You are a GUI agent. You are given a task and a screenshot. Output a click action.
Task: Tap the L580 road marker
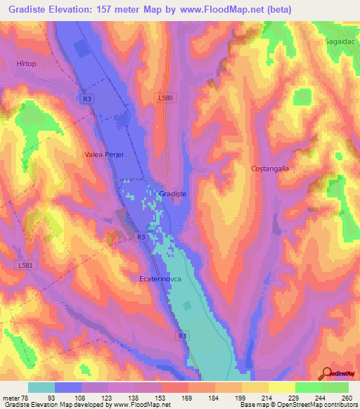coord(167,98)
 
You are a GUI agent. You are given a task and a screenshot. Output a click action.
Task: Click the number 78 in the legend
coord(22,398)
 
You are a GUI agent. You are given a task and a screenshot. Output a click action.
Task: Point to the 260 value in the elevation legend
coord(345,398)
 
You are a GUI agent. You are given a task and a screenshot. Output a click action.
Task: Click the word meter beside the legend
coord(10,398)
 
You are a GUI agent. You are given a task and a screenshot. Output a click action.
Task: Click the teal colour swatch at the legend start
coord(41,387)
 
